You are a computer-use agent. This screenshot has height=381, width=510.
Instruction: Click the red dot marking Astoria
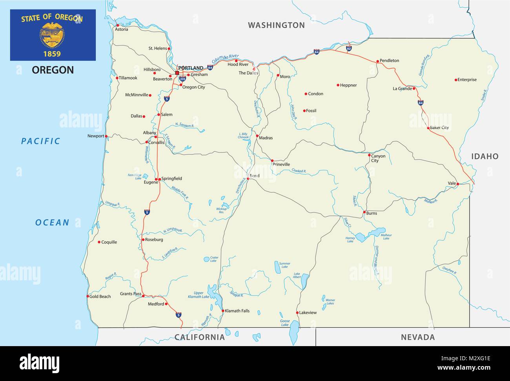(117, 25)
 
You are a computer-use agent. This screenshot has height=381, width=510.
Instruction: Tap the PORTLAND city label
(191, 68)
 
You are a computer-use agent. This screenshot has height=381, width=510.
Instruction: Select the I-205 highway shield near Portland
(182, 78)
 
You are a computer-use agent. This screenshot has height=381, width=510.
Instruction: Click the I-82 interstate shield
(349, 48)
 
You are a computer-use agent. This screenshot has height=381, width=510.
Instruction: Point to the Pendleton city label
(389, 60)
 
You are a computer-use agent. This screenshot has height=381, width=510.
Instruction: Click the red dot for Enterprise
(456, 80)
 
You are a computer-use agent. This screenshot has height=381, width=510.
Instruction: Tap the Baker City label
(439, 127)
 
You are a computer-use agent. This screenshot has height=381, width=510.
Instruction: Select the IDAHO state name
(484, 156)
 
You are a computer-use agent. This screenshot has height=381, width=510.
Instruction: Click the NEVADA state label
(418, 337)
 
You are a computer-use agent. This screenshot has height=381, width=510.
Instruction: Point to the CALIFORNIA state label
(199, 337)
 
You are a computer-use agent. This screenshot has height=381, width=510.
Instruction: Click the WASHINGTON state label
(276, 25)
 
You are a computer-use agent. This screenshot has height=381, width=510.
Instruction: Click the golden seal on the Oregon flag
(52, 34)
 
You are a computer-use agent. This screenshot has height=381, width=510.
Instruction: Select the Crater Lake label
(213, 259)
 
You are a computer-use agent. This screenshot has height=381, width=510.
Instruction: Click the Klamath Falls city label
(237, 311)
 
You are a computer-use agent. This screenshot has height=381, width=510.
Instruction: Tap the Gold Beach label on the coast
(100, 296)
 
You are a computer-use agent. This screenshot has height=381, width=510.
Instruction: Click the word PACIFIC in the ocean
(41, 141)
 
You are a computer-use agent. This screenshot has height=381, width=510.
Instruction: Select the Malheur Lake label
(386, 236)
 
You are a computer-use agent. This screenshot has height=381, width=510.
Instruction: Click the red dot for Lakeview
(297, 312)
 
